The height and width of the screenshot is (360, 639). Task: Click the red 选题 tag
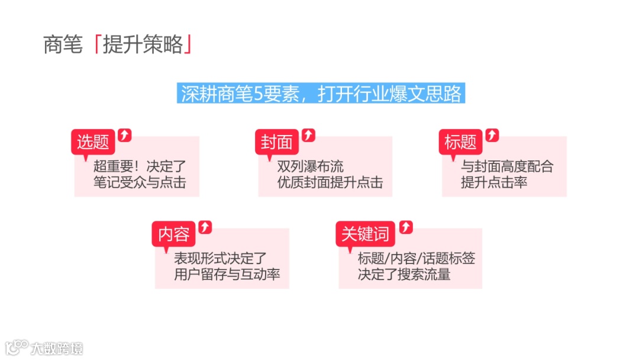click(x=93, y=142)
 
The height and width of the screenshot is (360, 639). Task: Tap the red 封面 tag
click(x=277, y=142)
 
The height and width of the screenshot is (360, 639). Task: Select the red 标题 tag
click(x=460, y=142)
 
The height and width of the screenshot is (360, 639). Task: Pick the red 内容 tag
click(x=173, y=234)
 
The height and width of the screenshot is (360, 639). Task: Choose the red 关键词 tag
click(x=365, y=234)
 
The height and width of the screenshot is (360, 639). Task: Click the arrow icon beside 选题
click(x=125, y=134)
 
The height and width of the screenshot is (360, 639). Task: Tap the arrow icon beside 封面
click(x=309, y=134)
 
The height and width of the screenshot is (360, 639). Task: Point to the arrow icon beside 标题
click(x=492, y=134)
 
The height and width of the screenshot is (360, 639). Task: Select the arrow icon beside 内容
click(x=205, y=226)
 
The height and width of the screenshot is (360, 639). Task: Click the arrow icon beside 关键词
click(x=406, y=226)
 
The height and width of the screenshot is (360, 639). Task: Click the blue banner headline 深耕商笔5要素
click(x=321, y=94)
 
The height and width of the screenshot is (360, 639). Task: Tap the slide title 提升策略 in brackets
click(x=143, y=45)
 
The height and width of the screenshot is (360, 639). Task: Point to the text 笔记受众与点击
click(x=140, y=182)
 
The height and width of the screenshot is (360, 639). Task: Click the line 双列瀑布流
click(x=311, y=166)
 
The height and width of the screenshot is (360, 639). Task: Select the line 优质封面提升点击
click(x=330, y=182)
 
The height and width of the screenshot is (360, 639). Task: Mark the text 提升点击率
click(x=494, y=182)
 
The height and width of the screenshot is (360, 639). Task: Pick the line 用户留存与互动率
click(x=227, y=274)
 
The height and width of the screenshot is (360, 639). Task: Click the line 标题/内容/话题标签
click(x=417, y=258)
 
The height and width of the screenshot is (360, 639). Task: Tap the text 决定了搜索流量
click(x=404, y=274)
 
